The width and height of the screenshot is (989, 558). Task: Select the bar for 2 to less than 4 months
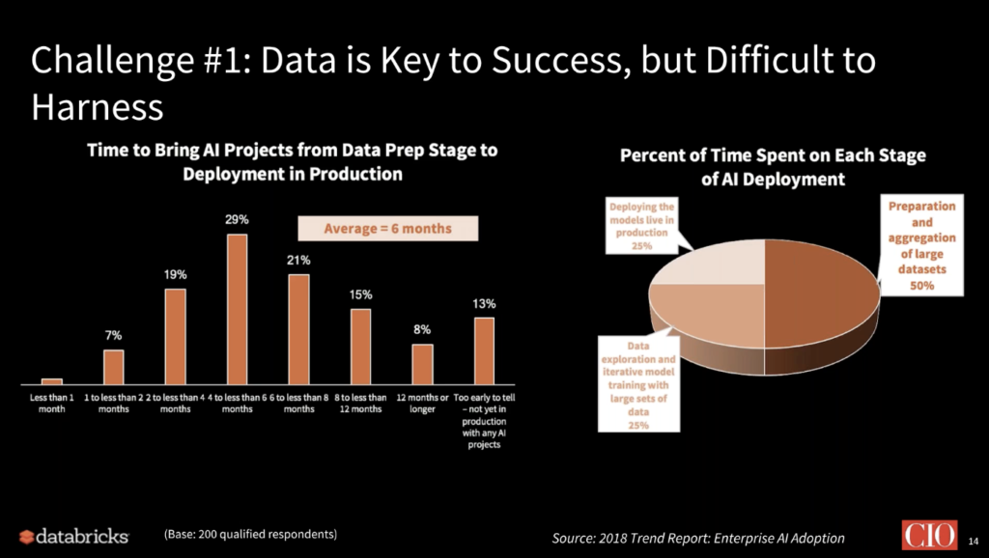tap(175, 336)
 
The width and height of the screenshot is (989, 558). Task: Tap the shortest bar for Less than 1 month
tap(52, 381)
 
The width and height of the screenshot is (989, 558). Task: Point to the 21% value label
tap(298, 260)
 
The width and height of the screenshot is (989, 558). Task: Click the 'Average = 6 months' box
tap(374, 229)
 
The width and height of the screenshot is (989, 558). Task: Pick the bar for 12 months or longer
tap(422, 363)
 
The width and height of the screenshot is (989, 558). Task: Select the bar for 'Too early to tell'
tap(484, 350)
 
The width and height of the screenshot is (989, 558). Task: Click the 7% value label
tap(114, 335)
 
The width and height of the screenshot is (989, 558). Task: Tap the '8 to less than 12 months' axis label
tap(360, 403)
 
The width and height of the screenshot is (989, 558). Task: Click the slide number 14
tap(973, 537)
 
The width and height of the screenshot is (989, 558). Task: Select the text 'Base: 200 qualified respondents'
tap(249, 534)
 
